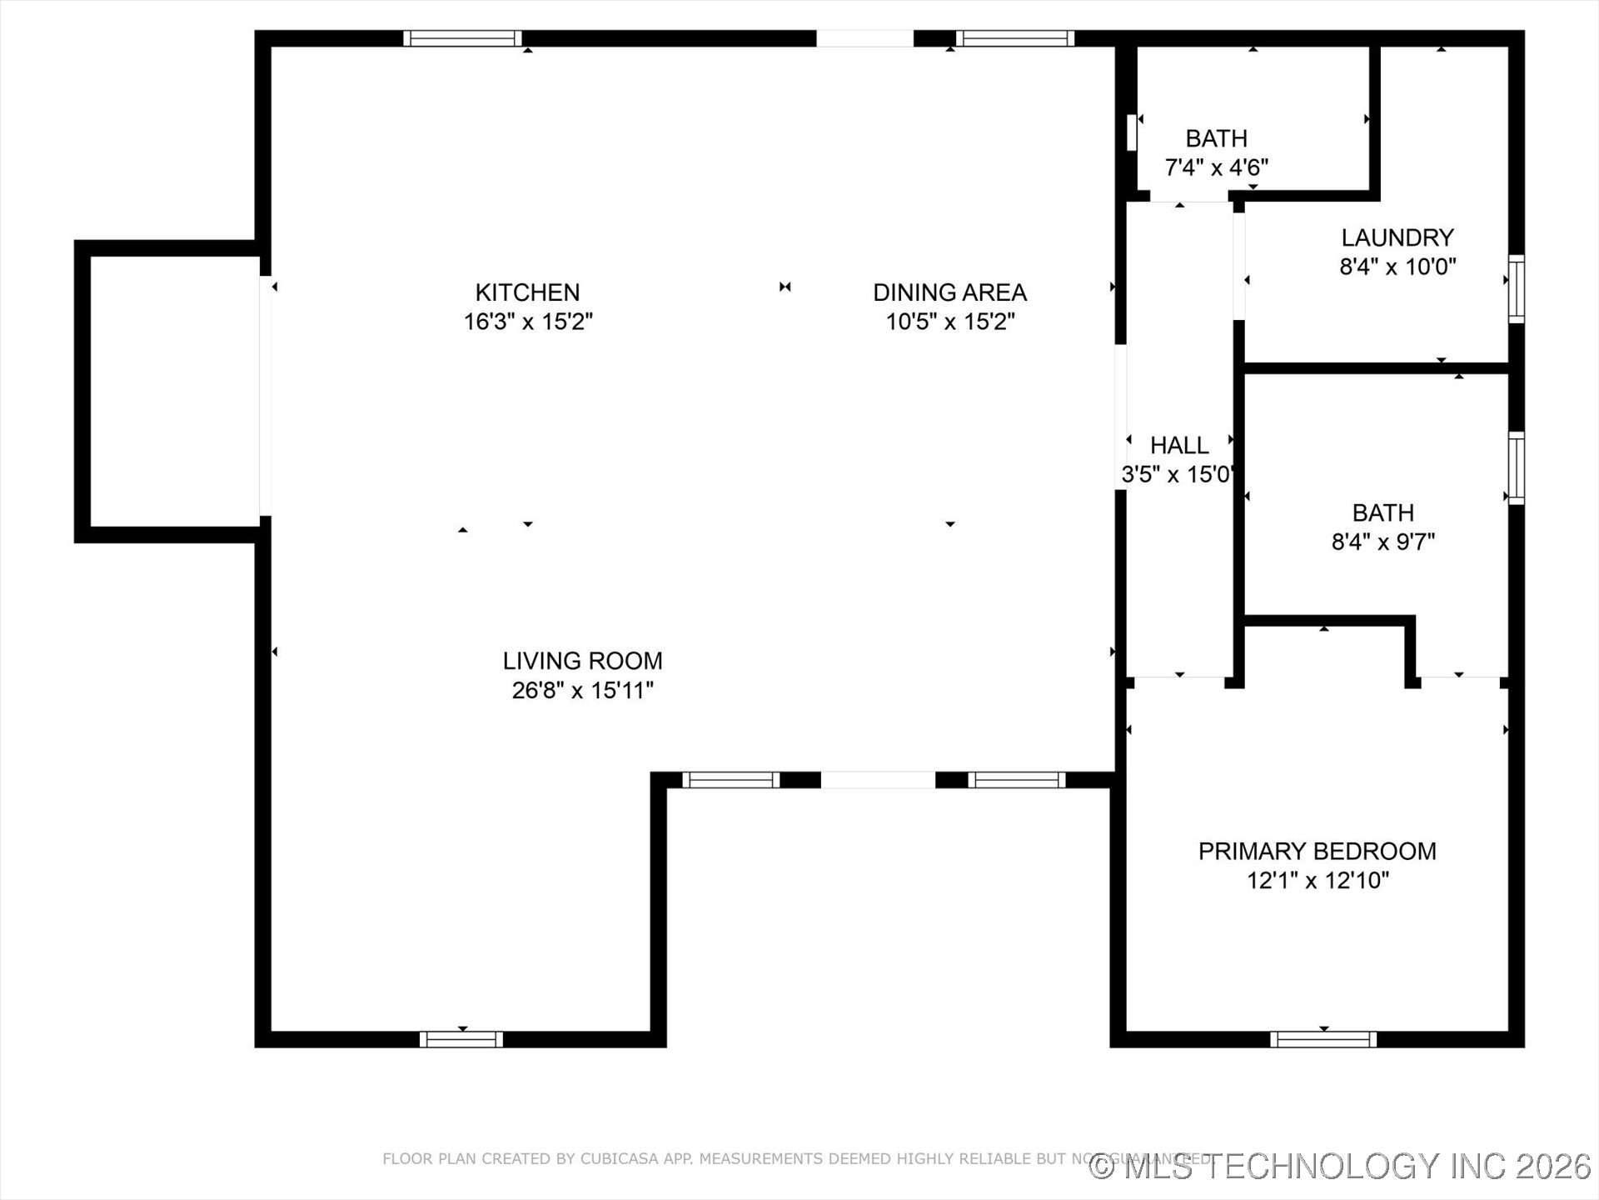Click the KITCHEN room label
[527, 292]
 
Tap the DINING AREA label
[949, 292]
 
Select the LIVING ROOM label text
[582, 661]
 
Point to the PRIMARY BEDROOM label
[1317, 851]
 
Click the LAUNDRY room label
[1397, 237]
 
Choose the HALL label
[1178, 445]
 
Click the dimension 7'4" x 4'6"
[1216, 167]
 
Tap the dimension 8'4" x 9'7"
[1382, 542]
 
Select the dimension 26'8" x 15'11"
[582, 690]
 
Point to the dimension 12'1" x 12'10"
[1317, 880]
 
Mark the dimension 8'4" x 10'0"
[1397, 267]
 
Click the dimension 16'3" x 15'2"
[527, 322]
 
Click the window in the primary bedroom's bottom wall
[1323, 1039]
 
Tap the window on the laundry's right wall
[1517, 288]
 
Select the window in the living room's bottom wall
[461, 1039]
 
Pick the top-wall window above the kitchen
[462, 38]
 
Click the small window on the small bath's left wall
[1132, 132]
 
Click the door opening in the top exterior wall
[864, 38]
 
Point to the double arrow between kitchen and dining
[785, 287]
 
